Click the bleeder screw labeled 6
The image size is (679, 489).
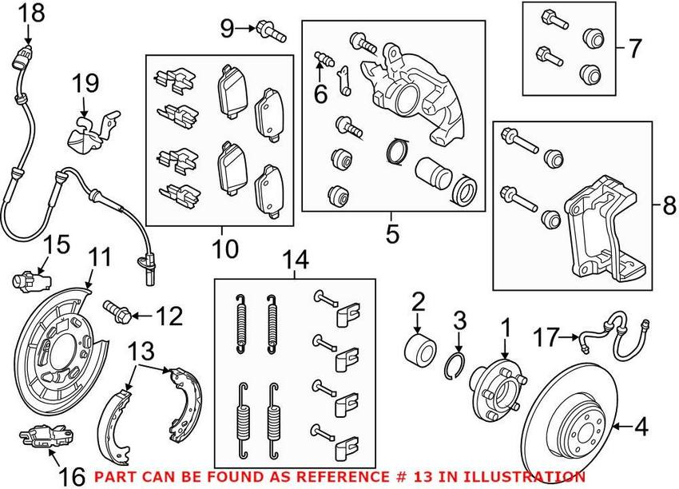pos(323,58)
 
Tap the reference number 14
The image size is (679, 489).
pos(294,260)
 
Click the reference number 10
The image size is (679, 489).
pos(225,248)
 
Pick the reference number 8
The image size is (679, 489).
pos(668,207)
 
